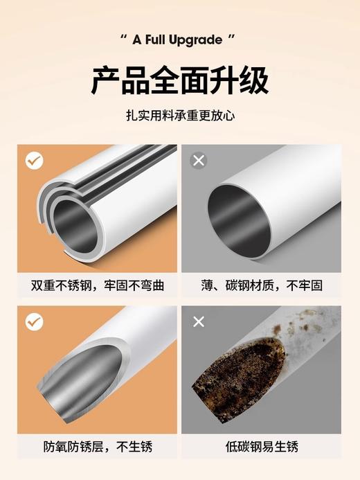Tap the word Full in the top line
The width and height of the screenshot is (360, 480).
coord(156,40)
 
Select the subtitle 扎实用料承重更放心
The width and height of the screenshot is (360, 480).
coord(180,116)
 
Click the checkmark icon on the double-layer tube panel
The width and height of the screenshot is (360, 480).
coord(34,161)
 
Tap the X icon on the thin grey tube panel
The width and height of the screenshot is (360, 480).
coord(199,161)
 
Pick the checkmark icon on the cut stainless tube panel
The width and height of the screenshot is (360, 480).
coord(34,321)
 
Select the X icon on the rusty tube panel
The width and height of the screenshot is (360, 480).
coord(199,321)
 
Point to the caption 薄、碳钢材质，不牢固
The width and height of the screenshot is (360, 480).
coord(262,285)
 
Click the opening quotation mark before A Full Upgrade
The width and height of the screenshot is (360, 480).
coord(124,38)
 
